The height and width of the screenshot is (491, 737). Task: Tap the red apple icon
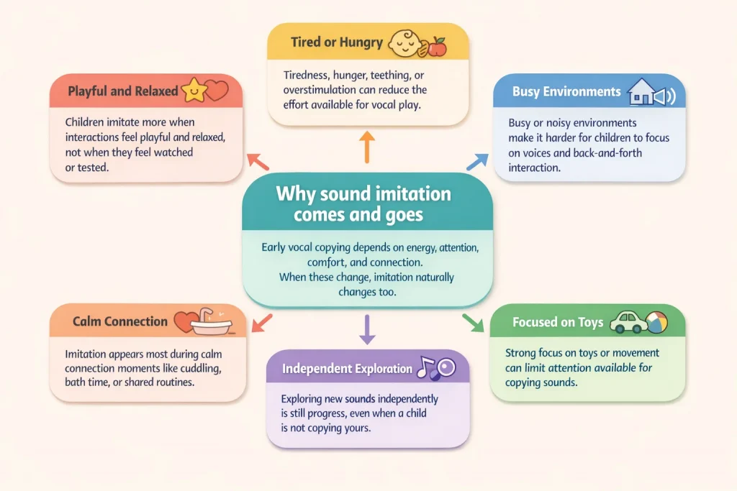[437, 47]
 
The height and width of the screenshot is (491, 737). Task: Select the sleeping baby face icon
[404, 43]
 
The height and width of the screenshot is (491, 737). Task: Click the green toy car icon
[627, 322]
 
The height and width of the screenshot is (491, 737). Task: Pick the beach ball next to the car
[656, 322]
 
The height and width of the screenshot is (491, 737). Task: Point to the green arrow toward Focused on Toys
[473, 322]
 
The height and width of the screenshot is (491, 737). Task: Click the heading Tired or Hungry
[336, 42]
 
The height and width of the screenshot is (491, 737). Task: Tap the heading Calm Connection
[119, 321]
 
